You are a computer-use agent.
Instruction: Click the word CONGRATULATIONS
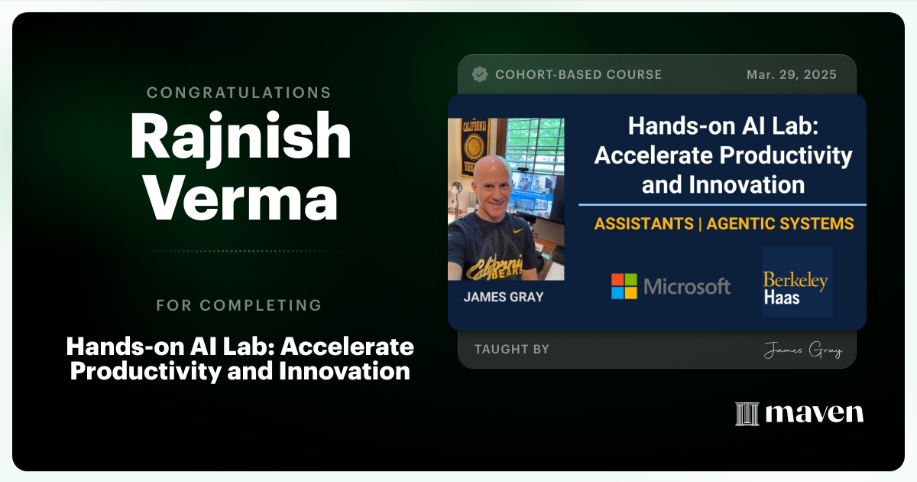tap(238, 93)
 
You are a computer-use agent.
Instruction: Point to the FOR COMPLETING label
tap(238, 305)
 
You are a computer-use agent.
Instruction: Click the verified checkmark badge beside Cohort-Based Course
tap(480, 74)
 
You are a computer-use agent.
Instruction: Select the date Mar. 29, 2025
tap(791, 74)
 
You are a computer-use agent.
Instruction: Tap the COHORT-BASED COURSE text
tap(578, 74)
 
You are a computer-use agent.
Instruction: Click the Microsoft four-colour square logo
tap(624, 286)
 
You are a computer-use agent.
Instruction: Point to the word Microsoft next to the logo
tap(687, 287)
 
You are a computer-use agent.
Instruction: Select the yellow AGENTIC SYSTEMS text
tap(779, 224)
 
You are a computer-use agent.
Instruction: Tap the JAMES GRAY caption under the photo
tap(503, 297)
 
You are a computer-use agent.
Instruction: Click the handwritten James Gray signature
tap(802, 350)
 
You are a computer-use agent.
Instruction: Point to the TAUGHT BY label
tap(511, 350)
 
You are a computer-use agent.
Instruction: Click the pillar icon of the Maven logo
tap(747, 413)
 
